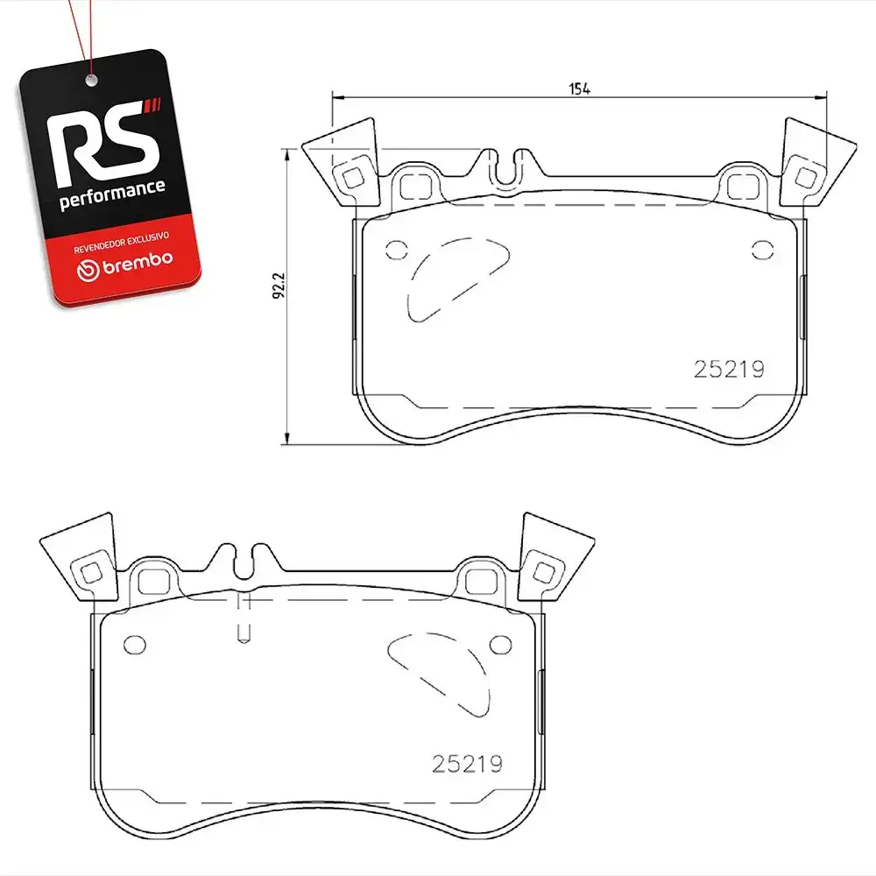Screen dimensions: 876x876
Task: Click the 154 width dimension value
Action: click(x=579, y=88)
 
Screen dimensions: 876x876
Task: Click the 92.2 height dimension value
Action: click(x=279, y=286)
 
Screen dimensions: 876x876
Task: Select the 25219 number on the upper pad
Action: click(x=729, y=369)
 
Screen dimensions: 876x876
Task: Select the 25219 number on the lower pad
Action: click(x=467, y=764)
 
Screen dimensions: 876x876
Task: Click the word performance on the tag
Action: click(x=112, y=194)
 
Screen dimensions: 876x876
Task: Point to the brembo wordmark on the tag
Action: click(x=138, y=262)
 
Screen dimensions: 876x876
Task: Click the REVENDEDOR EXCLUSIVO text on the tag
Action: click(x=121, y=243)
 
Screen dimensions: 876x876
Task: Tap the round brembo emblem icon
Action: click(x=88, y=270)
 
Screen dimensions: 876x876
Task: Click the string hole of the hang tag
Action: click(x=91, y=81)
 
